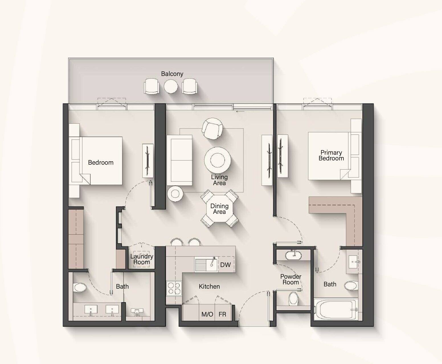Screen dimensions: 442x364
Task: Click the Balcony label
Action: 172,74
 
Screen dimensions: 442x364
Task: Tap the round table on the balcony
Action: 171,86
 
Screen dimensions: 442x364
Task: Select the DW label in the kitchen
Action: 226,265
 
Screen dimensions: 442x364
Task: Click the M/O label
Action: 207,314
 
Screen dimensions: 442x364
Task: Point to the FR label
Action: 222,314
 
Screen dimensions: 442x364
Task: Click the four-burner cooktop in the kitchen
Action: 174,289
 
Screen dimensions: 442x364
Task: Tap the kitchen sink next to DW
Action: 206,264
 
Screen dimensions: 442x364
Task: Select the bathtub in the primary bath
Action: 336,309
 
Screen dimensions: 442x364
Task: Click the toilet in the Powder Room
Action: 293,299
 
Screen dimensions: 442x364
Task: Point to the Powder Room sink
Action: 293,255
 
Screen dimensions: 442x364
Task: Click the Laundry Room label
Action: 142,259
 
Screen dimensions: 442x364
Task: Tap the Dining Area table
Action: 220,209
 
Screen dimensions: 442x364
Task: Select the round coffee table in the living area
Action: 217,160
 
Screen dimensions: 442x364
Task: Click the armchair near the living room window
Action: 212,129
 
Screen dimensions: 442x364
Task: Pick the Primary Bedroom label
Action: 331,155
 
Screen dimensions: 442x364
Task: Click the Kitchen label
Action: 209,287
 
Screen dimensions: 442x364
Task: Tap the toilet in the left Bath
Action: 80,288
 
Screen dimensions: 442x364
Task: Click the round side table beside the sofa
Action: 175,194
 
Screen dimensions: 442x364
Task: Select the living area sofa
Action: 179,160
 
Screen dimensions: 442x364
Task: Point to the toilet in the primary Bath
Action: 351,286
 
